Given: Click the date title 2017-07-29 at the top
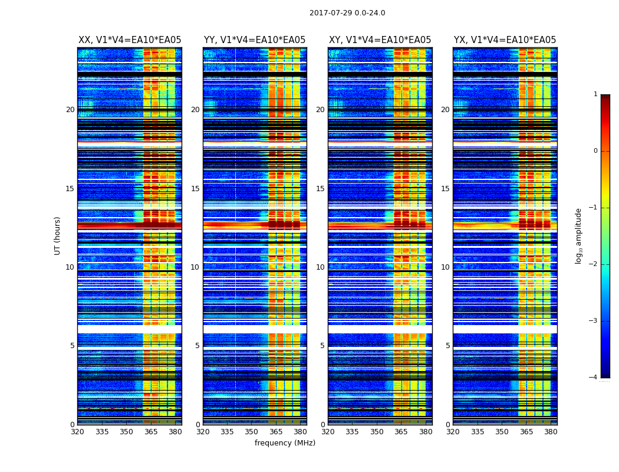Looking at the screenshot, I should pyautogui.click(x=347, y=13).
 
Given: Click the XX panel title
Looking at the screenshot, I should pyautogui.click(x=130, y=40).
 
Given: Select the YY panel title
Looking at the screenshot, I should pyautogui.click(x=255, y=40).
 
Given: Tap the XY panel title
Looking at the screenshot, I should pyautogui.click(x=380, y=40).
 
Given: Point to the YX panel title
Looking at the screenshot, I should pyautogui.click(x=505, y=40).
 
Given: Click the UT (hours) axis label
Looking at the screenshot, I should pyautogui.click(x=58, y=235).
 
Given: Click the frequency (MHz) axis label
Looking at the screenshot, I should pyautogui.click(x=285, y=443).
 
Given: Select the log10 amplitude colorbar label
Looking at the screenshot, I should pyautogui.click(x=579, y=235).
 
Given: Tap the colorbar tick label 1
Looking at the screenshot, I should pyautogui.click(x=595, y=94).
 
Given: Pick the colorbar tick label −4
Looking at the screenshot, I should pyautogui.click(x=594, y=378).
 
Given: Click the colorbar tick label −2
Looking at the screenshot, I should pyautogui.click(x=594, y=264).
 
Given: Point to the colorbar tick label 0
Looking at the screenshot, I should pyautogui.click(x=595, y=151).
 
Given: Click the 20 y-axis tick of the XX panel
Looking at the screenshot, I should pyautogui.click(x=70, y=110).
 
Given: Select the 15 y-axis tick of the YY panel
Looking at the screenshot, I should pyautogui.click(x=195, y=189).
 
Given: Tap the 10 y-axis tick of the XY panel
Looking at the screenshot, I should pyautogui.click(x=320, y=267).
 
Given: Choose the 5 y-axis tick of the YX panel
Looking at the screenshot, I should pyautogui.click(x=447, y=346).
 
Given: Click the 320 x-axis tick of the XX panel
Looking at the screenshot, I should pyautogui.click(x=77, y=431).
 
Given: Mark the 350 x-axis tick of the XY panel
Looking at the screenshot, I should pyautogui.click(x=377, y=431).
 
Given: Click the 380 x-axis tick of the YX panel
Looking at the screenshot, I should pyautogui.click(x=551, y=431).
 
